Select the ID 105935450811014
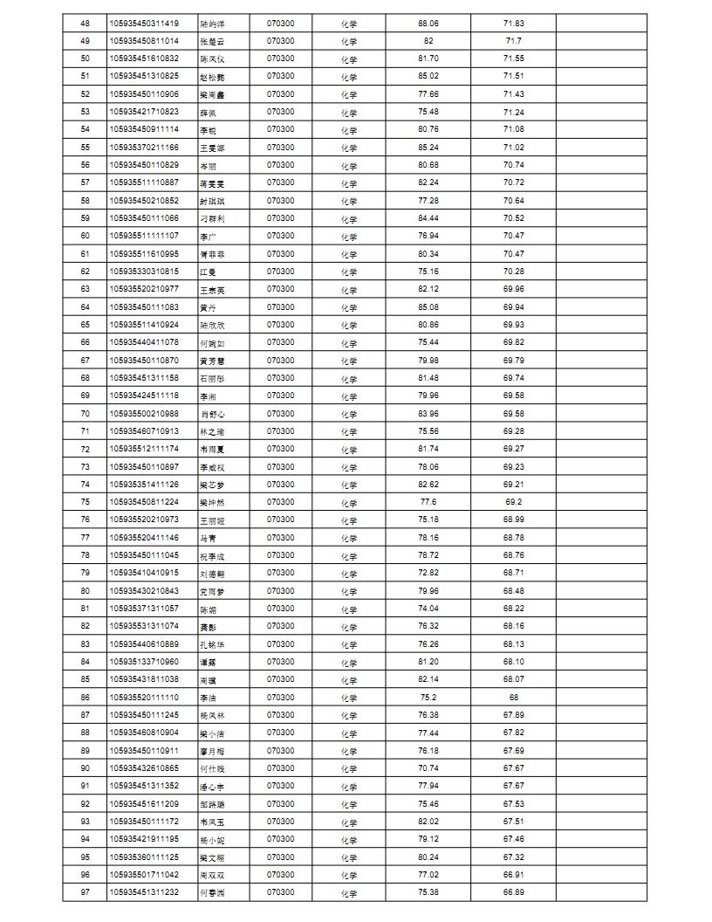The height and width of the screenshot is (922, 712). click(x=144, y=41)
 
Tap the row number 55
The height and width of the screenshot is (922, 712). click(x=85, y=148)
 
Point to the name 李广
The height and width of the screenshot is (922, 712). click(x=208, y=236)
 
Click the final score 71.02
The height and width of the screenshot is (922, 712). click(x=513, y=148)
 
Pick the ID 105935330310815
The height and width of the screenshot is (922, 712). click(x=144, y=272)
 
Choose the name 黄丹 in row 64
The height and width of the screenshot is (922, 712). click(x=208, y=307)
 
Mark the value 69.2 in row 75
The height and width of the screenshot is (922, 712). click(x=513, y=502)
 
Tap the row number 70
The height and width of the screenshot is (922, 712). click(x=85, y=414)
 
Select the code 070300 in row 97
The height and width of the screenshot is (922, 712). click(x=280, y=892)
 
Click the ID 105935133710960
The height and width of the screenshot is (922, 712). click(x=144, y=662)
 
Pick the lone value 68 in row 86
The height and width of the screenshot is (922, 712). click(x=513, y=698)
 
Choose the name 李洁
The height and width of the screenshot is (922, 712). click(x=208, y=698)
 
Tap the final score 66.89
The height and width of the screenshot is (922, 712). click(x=513, y=892)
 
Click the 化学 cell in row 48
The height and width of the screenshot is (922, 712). click(x=349, y=24)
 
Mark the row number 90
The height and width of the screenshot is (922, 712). click(x=85, y=768)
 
